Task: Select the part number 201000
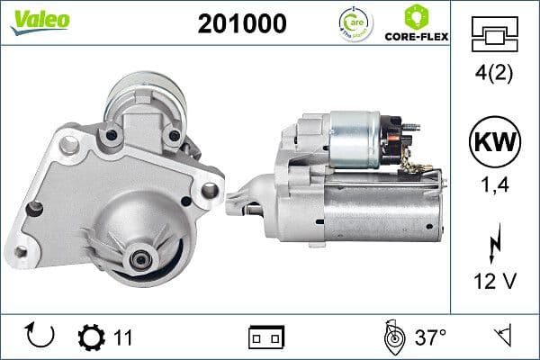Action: [242, 22]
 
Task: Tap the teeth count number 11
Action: [123, 337]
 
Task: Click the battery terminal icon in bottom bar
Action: [265, 337]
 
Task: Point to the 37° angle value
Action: [430, 337]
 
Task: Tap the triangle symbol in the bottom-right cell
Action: [501, 337]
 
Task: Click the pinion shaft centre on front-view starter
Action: [141, 258]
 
